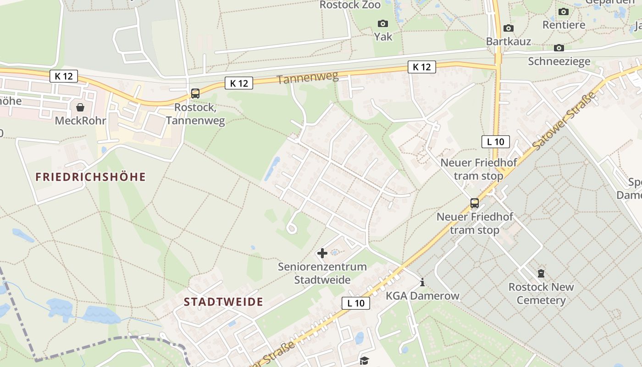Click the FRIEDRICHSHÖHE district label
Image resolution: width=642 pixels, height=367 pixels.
[x=90, y=177]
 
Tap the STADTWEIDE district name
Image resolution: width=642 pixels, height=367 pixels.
[x=223, y=302]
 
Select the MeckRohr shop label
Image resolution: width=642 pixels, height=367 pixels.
[x=80, y=121]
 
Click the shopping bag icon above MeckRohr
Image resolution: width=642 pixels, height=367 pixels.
[x=80, y=107]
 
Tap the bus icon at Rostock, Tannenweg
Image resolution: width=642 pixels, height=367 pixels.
[x=195, y=94]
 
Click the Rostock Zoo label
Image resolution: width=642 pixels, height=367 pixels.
[x=350, y=5]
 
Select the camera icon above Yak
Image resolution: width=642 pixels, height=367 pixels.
[x=382, y=23]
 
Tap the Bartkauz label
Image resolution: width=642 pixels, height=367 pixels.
[x=509, y=42]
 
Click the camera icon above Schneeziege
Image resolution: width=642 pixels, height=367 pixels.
[x=559, y=48]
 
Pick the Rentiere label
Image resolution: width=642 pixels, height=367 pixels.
[x=564, y=25]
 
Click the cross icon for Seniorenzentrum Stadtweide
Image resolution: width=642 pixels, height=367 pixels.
[x=322, y=253]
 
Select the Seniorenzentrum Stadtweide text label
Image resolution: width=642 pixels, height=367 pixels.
[x=322, y=273]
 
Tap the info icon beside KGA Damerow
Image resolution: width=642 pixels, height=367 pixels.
[x=422, y=282]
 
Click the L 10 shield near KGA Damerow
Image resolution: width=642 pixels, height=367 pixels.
[x=356, y=303]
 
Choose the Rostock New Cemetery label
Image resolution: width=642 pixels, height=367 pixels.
[x=541, y=294]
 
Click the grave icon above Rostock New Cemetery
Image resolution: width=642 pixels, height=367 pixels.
[x=541, y=274]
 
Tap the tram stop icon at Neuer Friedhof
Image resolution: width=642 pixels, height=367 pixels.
[x=475, y=203]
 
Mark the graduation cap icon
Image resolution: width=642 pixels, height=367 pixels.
[x=364, y=361]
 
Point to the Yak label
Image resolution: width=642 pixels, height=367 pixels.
[x=383, y=36]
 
